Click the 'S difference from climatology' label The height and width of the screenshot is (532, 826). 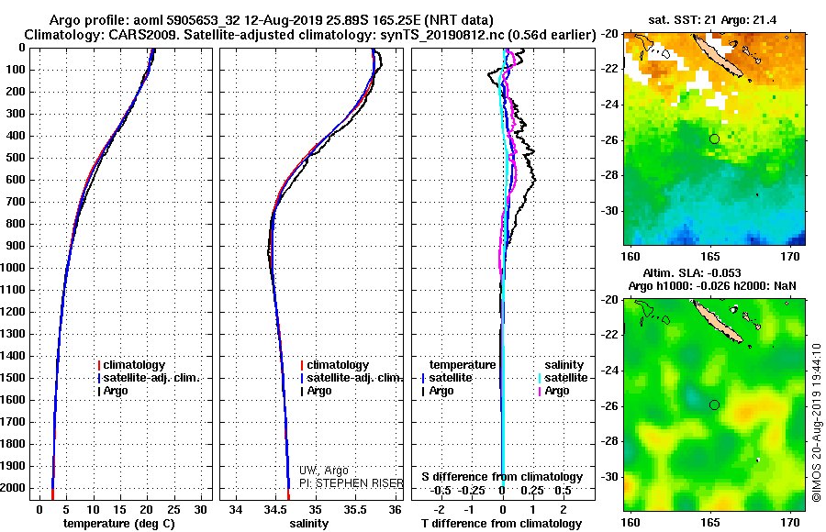pyautogui.click(x=502, y=477)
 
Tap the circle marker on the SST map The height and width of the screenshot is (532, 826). pyautogui.click(x=714, y=139)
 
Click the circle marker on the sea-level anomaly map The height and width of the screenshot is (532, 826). pyautogui.click(x=714, y=405)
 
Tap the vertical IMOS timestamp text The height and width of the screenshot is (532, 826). pyautogui.click(x=816, y=421)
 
